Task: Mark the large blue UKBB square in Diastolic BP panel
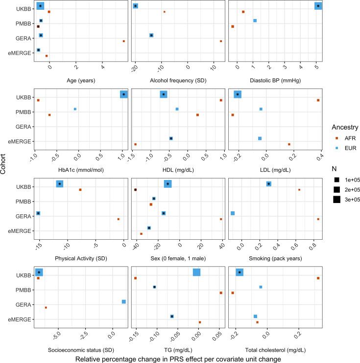[x=318, y=6]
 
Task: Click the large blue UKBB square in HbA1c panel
[x=124, y=94]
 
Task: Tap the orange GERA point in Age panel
[x=124, y=41]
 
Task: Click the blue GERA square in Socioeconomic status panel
[x=124, y=302]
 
